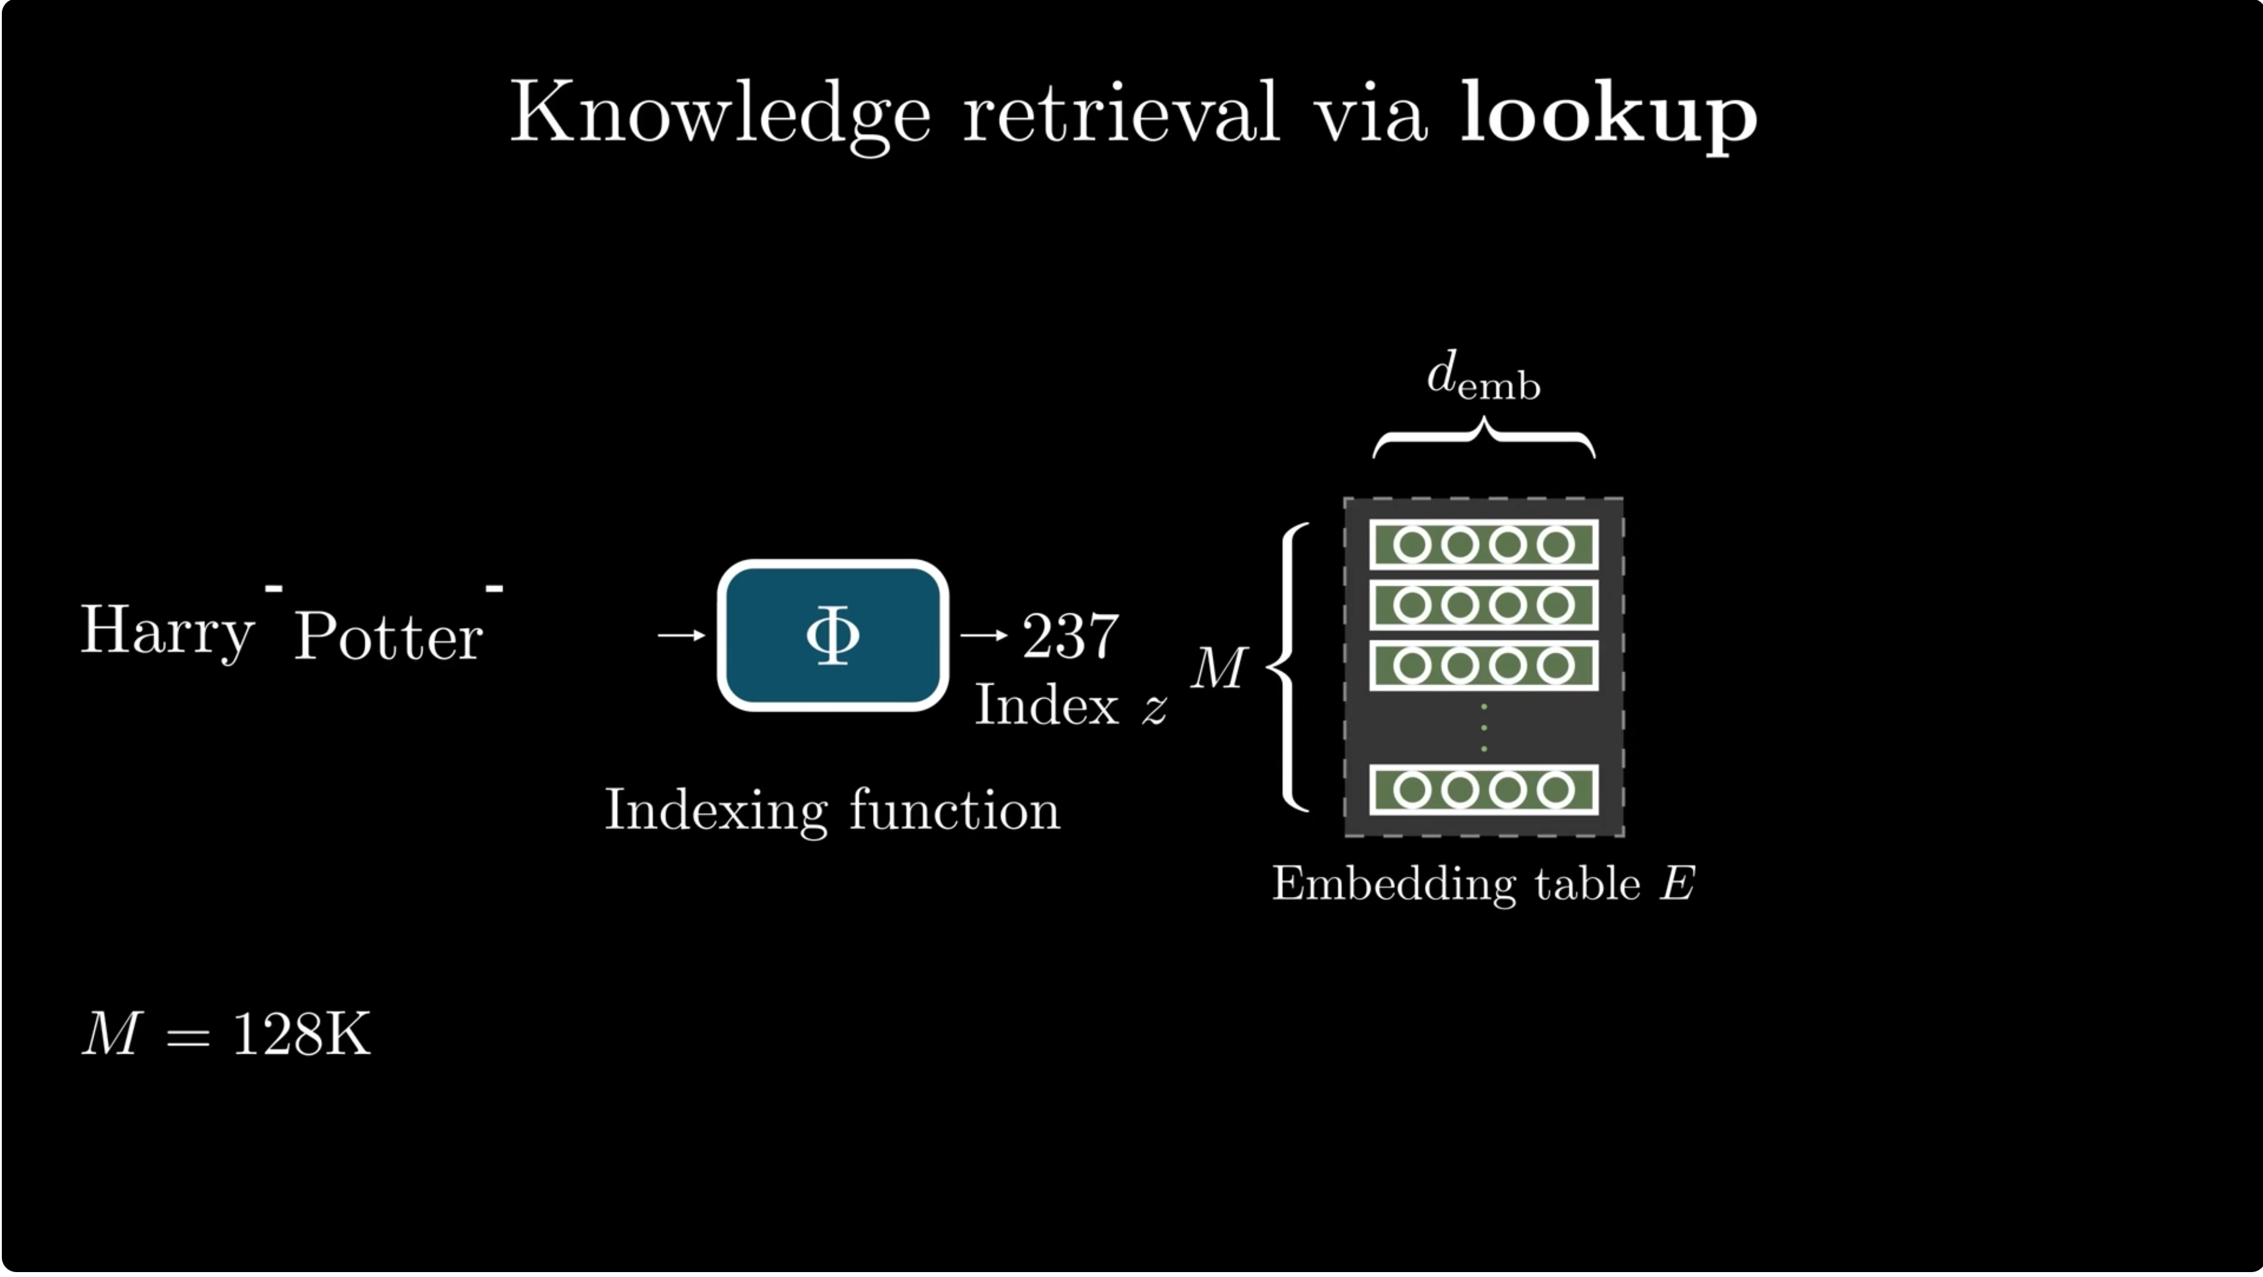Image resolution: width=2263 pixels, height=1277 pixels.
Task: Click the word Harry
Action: click(167, 632)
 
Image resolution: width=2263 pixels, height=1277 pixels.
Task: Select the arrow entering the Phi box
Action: click(682, 635)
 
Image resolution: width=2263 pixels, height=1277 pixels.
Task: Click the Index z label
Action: click(1071, 704)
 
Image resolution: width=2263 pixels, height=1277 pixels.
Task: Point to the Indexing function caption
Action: click(832, 809)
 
